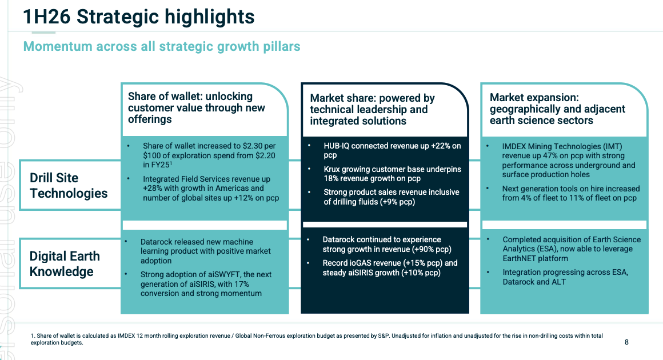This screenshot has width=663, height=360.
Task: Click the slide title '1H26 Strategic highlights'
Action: point(139,17)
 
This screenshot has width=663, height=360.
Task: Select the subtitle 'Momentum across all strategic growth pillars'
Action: point(162,46)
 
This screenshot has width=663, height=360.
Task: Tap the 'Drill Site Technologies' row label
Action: point(69,185)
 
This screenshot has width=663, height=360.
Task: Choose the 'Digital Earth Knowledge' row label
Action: point(65,263)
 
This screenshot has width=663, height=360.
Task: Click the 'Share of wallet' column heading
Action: point(197,108)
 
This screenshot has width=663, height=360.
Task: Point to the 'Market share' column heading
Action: point(372,110)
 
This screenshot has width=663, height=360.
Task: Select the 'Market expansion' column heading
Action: point(557,109)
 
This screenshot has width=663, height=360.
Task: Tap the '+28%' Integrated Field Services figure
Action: point(151,189)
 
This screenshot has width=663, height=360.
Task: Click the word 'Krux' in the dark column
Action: point(332,169)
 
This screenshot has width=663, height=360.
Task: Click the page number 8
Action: point(626,342)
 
